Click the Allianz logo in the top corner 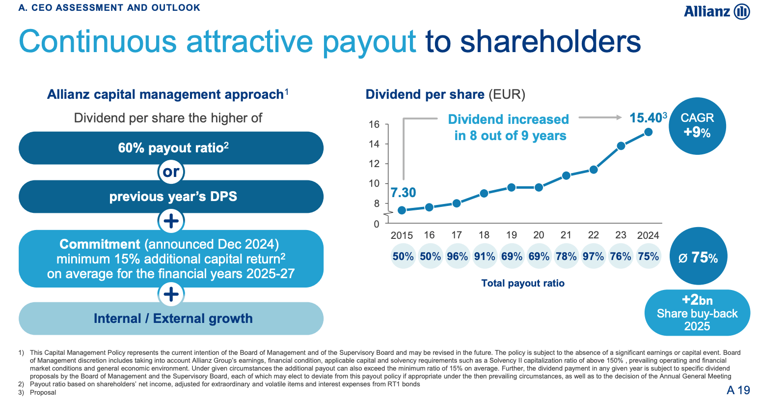(x=716, y=11)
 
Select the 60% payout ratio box (x=171, y=148)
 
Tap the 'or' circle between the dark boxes (x=171, y=172)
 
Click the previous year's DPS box (x=171, y=197)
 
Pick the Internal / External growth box (x=171, y=318)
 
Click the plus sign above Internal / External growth (x=171, y=294)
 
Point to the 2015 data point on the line (x=402, y=210)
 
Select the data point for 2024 (x=648, y=132)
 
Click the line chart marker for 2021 (x=566, y=175)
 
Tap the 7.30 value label (x=403, y=193)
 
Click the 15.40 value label (x=646, y=118)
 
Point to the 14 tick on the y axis (x=375, y=144)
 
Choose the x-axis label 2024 (x=648, y=235)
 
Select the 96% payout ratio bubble (x=457, y=257)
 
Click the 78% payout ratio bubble (x=566, y=257)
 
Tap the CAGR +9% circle (x=697, y=126)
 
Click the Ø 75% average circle (x=698, y=257)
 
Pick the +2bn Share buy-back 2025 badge (x=697, y=313)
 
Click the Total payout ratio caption (x=523, y=283)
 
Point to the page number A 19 (x=738, y=390)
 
